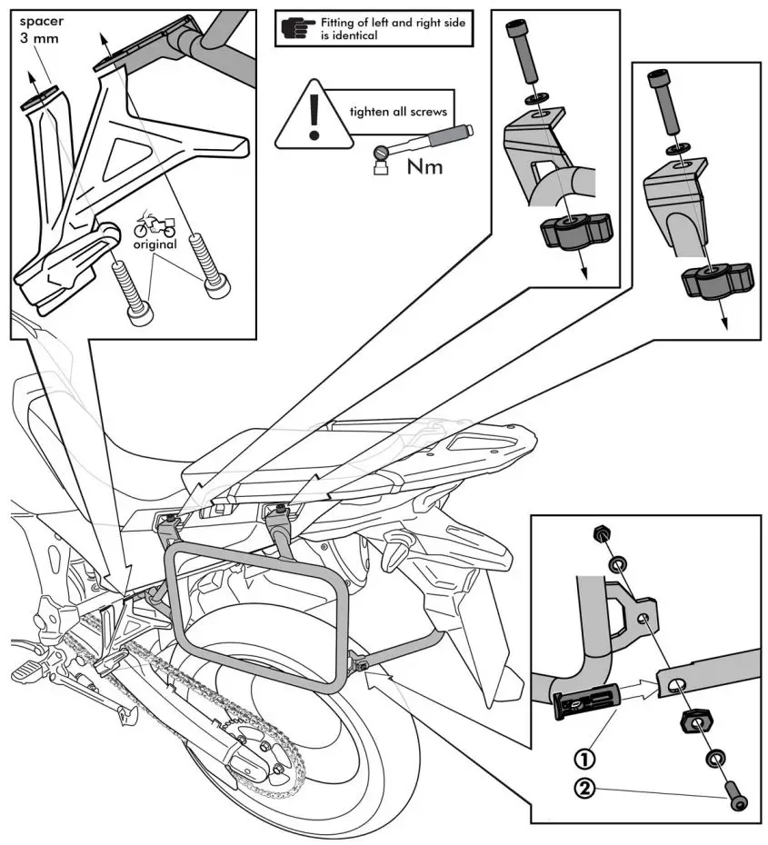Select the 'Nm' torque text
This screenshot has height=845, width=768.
[424, 165]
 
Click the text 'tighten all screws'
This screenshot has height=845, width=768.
[398, 114]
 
